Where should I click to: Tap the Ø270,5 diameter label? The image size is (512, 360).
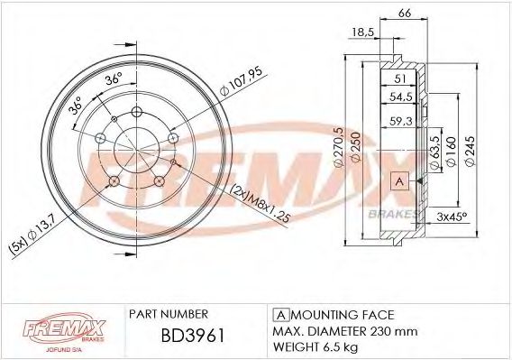[x=339, y=145]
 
